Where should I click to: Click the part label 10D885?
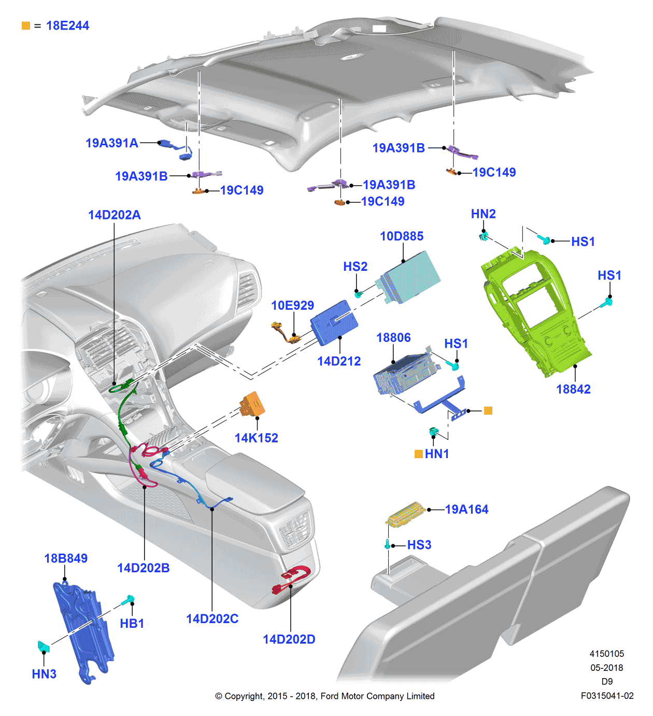pos(402,236)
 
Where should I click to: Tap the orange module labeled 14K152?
pos(253,404)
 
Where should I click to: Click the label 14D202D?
pos(289,639)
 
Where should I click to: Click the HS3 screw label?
pos(419,545)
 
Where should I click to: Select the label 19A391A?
pos(112,143)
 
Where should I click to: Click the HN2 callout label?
pos(483,214)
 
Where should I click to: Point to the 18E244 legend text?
pos(67,25)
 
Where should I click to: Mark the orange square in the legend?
pos(26,25)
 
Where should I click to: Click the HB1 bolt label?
pos(132,623)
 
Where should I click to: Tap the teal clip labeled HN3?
pos(44,646)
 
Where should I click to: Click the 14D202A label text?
pos(114,215)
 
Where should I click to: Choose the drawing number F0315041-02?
pos(607,696)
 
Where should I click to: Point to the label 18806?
pos(393,338)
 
